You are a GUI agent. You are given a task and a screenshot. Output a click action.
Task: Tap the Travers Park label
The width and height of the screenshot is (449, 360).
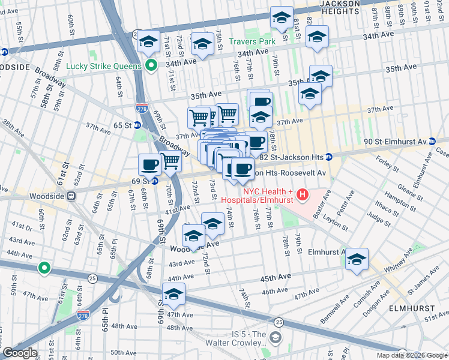tap(252, 41)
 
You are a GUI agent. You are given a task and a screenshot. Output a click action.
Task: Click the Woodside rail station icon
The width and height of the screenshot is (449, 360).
tap(71, 195)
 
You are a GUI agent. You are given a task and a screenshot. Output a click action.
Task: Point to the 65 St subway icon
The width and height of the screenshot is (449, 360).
tap(137, 125)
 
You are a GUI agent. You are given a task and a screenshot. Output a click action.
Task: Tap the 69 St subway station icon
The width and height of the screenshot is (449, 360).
tap(154, 181)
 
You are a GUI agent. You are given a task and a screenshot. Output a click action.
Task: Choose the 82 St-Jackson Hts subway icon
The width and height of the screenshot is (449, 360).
tap(329, 157)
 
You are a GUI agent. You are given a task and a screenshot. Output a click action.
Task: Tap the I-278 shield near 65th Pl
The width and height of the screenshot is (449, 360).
tap(83, 314)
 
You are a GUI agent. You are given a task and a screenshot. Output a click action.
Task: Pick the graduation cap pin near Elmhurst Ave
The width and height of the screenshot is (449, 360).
tap(357, 259)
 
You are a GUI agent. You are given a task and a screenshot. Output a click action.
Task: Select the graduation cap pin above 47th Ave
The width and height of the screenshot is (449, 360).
tap(173, 294)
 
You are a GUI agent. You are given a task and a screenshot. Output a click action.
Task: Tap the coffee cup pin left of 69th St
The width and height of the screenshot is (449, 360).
tap(149, 163)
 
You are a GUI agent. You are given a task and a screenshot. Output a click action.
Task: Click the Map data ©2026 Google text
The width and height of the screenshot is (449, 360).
tap(412, 355)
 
